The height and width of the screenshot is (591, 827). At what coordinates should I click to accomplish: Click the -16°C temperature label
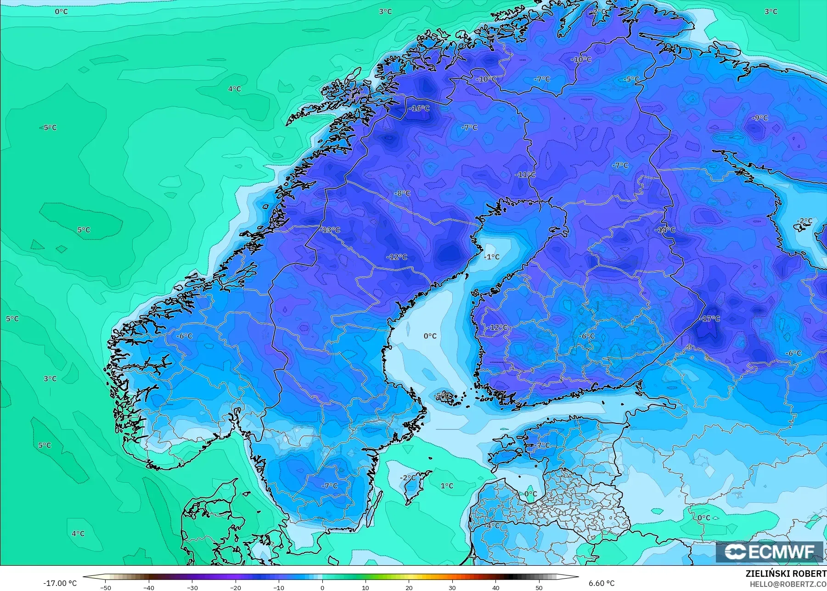click(x=419, y=108)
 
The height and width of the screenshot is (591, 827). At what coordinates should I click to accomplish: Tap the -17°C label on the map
click(x=710, y=318)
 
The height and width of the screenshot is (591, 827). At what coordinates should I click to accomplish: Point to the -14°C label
click(x=665, y=230)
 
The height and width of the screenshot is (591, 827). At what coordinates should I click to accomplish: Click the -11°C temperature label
click(x=525, y=174)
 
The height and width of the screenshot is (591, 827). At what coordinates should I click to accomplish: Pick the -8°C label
click(x=402, y=193)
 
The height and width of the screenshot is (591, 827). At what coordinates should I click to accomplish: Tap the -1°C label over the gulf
click(x=491, y=257)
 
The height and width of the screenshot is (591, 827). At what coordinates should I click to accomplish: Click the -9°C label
click(x=759, y=118)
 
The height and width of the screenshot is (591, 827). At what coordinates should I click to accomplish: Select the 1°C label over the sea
click(x=447, y=486)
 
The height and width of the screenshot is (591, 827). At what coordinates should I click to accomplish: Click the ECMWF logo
click(x=769, y=552)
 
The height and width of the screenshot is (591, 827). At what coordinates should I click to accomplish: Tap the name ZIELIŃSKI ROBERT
click(x=786, y=574)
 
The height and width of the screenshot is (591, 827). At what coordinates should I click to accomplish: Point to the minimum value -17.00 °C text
click(x=60, y=583)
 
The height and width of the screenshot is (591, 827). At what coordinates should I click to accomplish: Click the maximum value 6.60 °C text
click(x=601, y=583)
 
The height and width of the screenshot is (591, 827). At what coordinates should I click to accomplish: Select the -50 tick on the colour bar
click(x=105, y=587)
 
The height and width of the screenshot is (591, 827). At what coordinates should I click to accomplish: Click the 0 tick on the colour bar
click(x=322, y=587)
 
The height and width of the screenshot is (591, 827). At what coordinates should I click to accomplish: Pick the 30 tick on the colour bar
click(x=452, y=587)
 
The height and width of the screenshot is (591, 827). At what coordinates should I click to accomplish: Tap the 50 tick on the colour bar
click(x=539, y=587)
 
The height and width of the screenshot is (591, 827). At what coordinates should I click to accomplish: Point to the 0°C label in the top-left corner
click(x=61, y=11)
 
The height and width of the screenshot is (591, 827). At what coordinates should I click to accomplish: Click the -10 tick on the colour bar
click(x=278, y=587)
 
